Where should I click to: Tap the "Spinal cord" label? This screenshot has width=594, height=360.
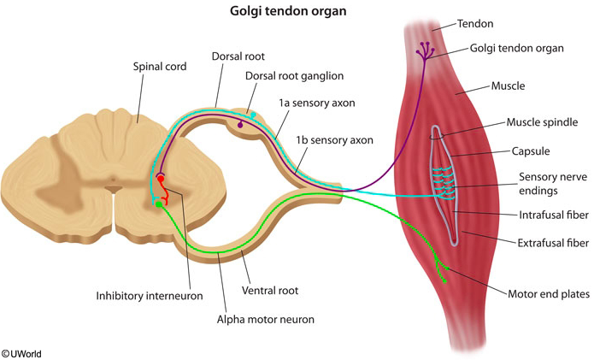[x=160, y=65]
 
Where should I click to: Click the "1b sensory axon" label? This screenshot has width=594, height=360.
[x=341, y=139]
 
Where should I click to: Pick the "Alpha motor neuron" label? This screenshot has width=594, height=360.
[x=266, y=320]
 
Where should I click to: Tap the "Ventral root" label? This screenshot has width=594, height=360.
[x=270, y=291]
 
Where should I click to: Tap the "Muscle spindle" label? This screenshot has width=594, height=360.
[x=542, y=122]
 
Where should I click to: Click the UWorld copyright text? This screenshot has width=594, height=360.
[x=21, y=352]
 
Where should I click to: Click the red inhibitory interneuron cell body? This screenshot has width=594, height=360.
[x=160, y=179]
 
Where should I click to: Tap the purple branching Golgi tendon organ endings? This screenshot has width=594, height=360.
[x=424, y=51]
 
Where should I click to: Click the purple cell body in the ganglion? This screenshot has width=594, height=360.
[x=240, y=126]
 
